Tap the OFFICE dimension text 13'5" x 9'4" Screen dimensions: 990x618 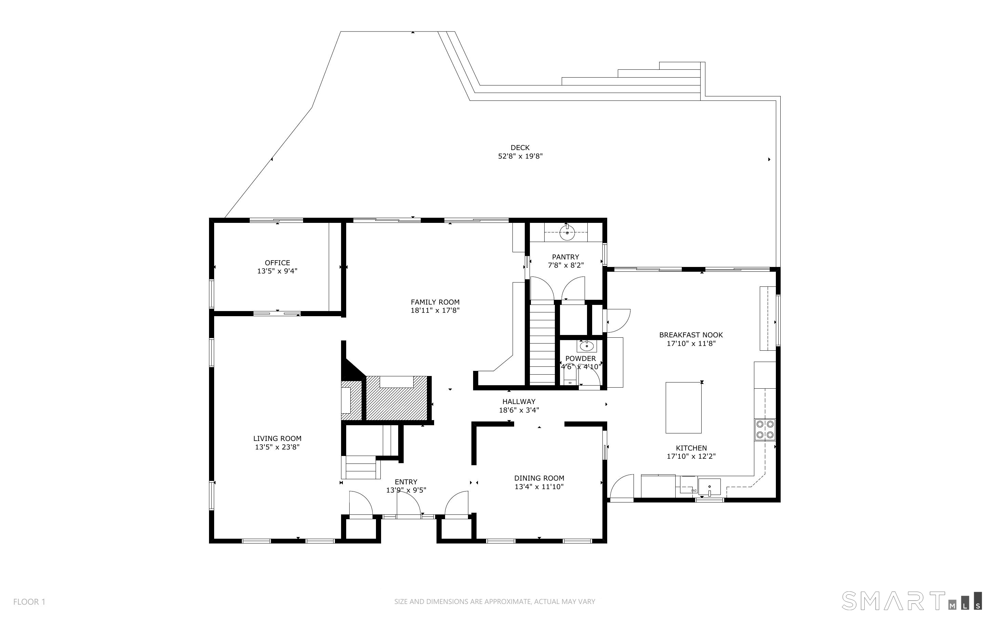[x=277, y=271]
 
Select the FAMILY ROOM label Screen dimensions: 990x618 [x=435, y=302]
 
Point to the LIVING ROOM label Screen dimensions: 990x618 [x=277, y=439]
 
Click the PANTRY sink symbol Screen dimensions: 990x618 [x=567, y=233]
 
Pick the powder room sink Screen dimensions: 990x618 [x=587, y=346]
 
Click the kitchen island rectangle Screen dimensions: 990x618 [x=684, y=407]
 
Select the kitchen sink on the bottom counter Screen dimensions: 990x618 [x=709, y=487]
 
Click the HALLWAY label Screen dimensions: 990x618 [x=519, y=402]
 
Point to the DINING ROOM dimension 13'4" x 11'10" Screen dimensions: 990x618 [x=539, y=486]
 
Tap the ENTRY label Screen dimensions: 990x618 [x=406, y=482]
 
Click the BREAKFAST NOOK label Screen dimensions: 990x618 [x=691, y=335]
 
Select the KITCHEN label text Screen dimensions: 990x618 [x=691, y=448]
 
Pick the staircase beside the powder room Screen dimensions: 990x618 [x=542, y=342]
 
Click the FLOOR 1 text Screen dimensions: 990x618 [x=29, y=602]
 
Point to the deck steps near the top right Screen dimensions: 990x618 [x=632, y=78]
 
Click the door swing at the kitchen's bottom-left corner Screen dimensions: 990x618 [x=622, y=486]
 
